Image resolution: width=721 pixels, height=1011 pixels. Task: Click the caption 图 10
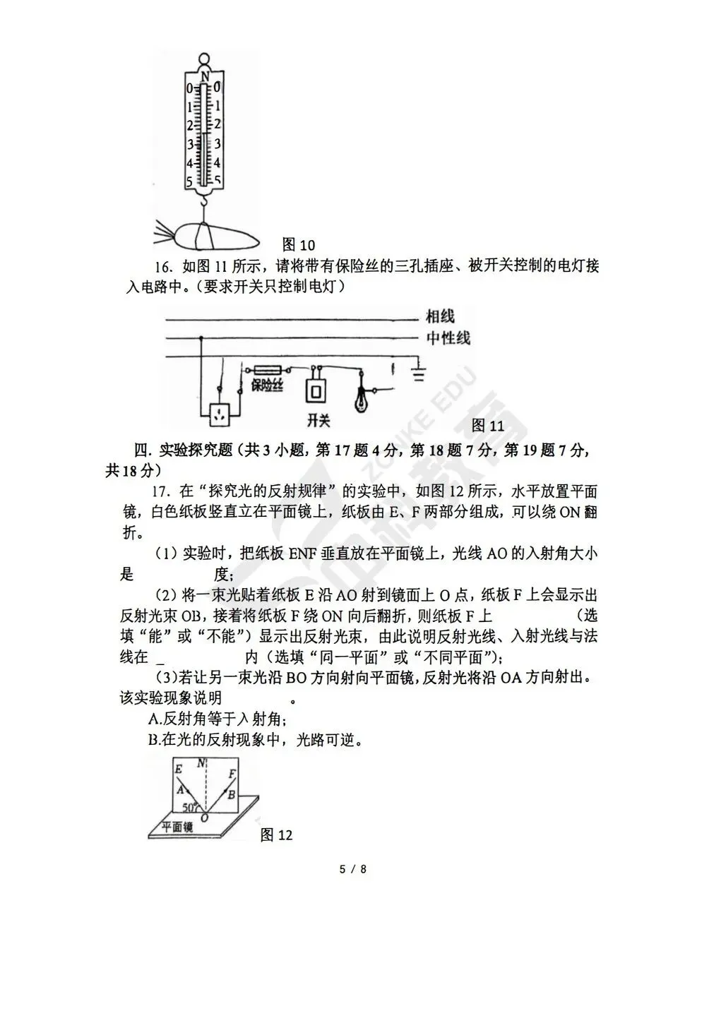point(298,245)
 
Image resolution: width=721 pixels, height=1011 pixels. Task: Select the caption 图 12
point(276,835)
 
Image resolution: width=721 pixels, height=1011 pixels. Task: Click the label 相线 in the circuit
point(440,316)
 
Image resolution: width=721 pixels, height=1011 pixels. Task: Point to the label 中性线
point(448,337)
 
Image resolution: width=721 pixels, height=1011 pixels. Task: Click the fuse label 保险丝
point(267,385)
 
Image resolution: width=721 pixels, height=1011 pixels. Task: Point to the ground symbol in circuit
point(419,373)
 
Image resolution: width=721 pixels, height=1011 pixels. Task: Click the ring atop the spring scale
point(204,59)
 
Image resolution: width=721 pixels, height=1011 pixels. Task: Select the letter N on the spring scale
point(204,76)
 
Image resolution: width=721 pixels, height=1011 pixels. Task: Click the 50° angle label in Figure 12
point(190,807)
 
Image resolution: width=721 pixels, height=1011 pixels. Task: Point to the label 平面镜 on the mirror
point(177,828)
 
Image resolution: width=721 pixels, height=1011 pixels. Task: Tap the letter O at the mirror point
point(204,818)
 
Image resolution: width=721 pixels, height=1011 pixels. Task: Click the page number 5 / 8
point(353,869)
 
